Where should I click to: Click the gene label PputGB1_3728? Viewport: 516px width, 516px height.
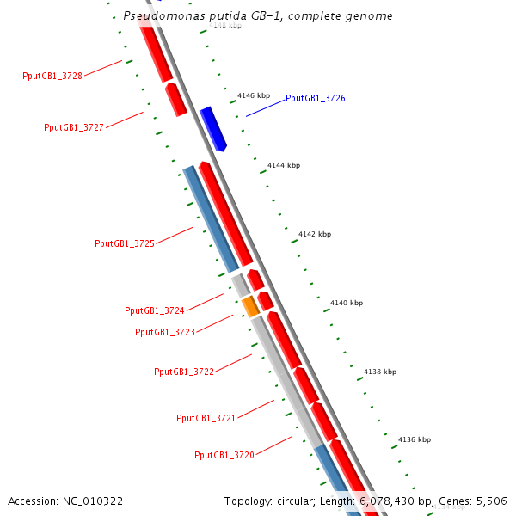[52, 76]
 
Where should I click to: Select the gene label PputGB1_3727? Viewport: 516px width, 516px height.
[74, 127]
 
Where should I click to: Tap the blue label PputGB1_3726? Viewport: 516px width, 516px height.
[316, 99]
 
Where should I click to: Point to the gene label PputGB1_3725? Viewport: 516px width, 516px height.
[125, 243]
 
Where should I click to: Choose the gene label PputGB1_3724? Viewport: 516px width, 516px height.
[155, 310]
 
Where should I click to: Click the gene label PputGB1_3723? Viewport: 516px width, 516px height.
[165, 332]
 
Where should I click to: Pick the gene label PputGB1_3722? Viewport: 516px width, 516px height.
[184, 372]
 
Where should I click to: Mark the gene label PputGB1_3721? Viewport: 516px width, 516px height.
[206, 418]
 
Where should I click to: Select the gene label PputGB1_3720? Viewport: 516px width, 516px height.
[224, 455]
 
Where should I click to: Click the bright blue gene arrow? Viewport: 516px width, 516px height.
[212, 128]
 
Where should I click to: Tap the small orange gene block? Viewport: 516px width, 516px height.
[250, 305]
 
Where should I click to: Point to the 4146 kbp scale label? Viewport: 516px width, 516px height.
[254, 95]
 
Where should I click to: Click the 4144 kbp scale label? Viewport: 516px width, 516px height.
[284, 165]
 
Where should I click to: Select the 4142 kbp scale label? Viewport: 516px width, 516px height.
[315, 234]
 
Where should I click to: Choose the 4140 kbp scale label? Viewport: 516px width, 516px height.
[347, 303]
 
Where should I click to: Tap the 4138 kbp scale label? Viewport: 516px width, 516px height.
[380, 372]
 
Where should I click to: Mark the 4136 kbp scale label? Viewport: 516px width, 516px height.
[415, 439]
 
